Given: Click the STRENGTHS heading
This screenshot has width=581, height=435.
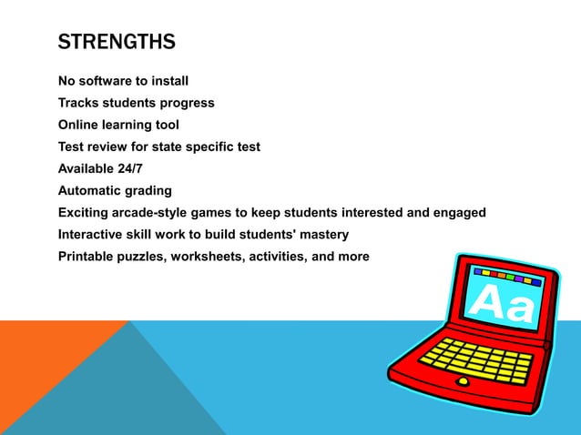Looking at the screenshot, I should (x=117, y=42).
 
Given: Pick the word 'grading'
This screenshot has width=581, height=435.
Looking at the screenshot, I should (x=150, y=190).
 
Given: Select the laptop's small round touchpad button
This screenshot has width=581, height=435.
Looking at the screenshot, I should (x=463, y=381).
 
